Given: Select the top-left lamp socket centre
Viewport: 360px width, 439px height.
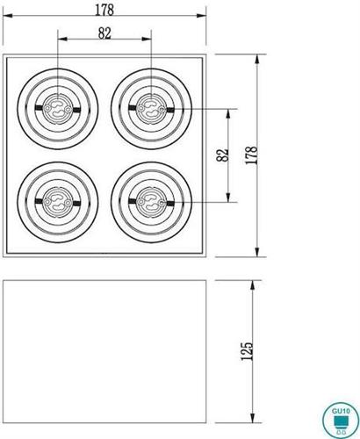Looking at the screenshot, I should [58, 109].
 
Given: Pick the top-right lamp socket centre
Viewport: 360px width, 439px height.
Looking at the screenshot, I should [151, 109].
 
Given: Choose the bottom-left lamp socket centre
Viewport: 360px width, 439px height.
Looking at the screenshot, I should [58, 201].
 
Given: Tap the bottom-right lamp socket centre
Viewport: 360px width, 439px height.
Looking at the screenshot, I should [151, 201].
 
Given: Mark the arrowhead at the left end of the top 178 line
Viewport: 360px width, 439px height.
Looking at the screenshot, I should [6, 18].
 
